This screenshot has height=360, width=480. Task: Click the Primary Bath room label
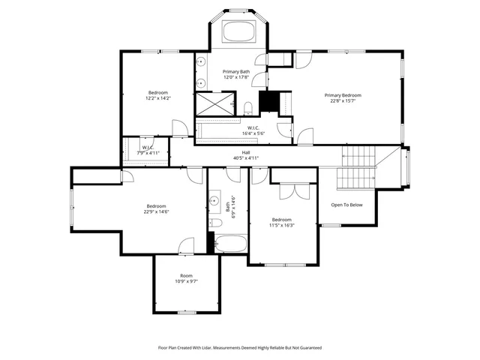pyautogui.click(x=235, y=72)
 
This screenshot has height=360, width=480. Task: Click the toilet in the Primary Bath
pyautogui.click(x=247, y=108)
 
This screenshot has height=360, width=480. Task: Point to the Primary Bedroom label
pyautogui.click(x=343, y=95)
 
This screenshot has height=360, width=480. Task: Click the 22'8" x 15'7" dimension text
pyautogui.click(x=343, y=102)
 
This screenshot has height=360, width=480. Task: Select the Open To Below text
pyautogui.click(x=346, y=205)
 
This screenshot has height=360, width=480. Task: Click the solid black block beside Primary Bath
pyautogui.click(x=268, y=101)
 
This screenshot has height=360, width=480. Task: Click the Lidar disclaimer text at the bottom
pyautogui.click(x=239, y=348)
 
